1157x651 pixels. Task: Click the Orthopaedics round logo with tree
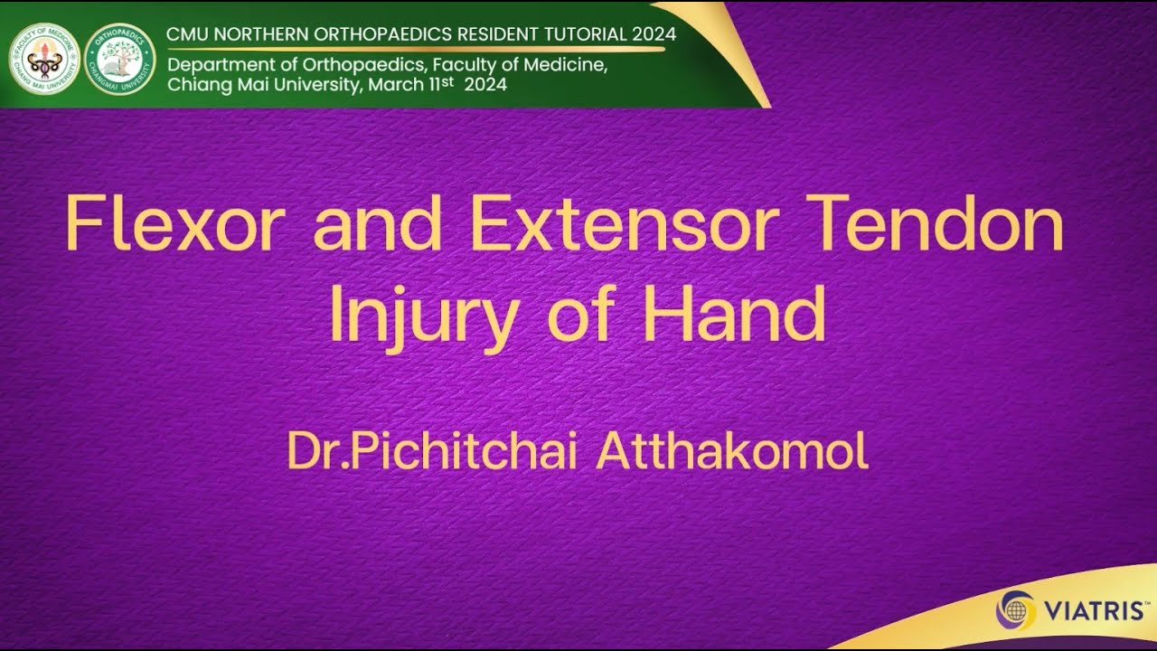119,60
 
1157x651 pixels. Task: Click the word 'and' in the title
379,226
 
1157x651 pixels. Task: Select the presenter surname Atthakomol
732,451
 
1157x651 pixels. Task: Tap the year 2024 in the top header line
653,34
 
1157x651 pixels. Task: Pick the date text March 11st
413,85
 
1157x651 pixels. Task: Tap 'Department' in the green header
216,66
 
